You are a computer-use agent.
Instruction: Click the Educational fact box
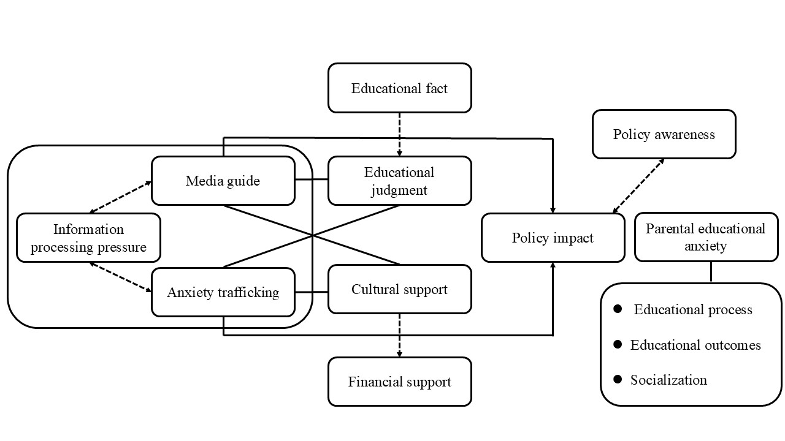click(x=399, y=88)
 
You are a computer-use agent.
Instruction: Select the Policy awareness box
click(x=664, y=134)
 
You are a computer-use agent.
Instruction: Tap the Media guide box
click(x=223, y=181)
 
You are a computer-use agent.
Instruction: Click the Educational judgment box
click(x=399, y=181)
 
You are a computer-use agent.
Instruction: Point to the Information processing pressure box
click(x=88, y=238)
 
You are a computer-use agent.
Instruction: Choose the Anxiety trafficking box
click(x=223, y=292)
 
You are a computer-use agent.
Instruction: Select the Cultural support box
click(x=399, y=289)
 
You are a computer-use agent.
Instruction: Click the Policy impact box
click(x=553, y=238)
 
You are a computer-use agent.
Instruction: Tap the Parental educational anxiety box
click(x=705, y=237)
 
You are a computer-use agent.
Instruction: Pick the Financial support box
click(x=399, y=382)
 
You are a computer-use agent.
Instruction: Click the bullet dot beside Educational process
click(x=618, y=309)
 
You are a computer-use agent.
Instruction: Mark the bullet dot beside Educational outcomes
click(x=618, y=345)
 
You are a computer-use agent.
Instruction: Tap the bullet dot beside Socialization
click(x=618, y=380)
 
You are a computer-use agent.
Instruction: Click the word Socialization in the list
click(x=668, y=380)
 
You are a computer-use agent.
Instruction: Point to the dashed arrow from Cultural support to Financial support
click(x=399, y=335)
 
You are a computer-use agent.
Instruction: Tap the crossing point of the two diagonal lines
click(x=313, y=235)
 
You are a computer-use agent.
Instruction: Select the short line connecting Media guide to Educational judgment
click(x=311, y=180)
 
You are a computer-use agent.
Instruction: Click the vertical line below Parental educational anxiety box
click(x=711, y=272)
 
